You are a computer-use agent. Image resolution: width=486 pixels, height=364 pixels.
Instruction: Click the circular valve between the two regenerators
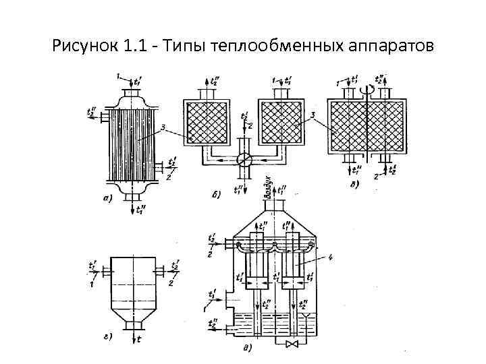[245, 160]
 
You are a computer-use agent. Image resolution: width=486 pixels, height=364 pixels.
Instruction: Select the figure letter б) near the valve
[217, 195]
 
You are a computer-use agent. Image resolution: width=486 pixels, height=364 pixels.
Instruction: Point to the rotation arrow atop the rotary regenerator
[368, 88]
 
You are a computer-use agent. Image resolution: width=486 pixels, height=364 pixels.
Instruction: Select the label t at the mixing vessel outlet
[139, 339]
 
